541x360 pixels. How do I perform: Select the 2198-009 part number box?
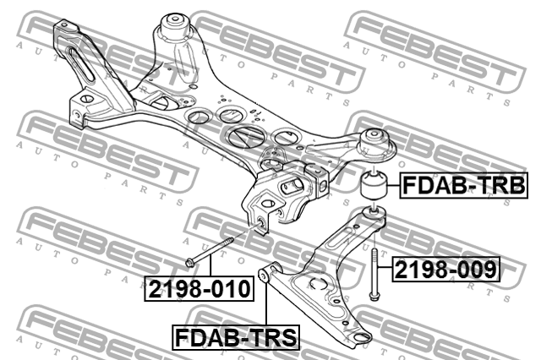coord(445,270)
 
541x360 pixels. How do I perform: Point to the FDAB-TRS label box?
coord(237,338)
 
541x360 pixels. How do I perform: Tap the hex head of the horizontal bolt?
coord(192,259)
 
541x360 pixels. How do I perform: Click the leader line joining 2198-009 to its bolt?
coord(383,270)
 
